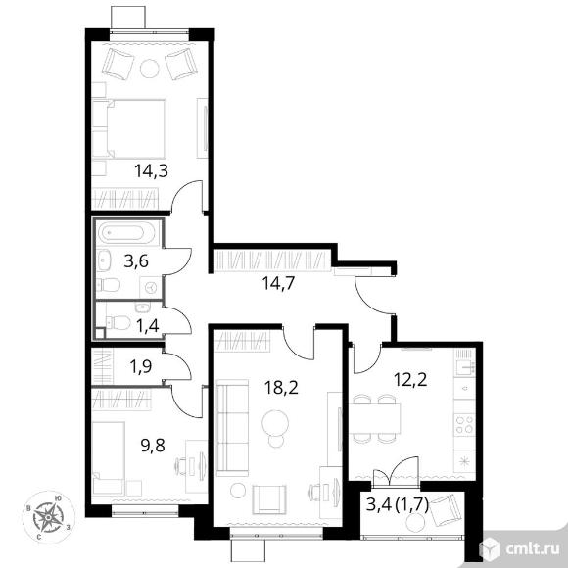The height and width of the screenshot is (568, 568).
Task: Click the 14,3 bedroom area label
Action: [151, 170]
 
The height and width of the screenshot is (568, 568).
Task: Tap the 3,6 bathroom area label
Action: [136, 260]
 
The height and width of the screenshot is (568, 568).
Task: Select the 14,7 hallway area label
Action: [278, 283]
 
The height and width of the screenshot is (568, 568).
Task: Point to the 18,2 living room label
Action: [281, 388]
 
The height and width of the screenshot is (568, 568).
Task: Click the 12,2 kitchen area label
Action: [410, 380]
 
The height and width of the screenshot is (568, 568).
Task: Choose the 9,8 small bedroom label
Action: [153, 446]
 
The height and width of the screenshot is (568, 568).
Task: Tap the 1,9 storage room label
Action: [141, 367]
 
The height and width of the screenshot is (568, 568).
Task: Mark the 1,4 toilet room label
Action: [148, 326]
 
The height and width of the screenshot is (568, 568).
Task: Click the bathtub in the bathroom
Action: [126, 233]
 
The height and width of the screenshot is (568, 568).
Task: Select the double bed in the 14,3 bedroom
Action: [129, 128]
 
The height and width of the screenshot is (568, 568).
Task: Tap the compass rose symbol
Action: [48, 516]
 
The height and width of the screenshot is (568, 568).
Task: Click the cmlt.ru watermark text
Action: [532, 550]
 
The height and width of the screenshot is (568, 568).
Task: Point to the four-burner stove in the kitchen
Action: [464, 424]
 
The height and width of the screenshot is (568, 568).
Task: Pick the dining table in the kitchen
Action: [375, 418]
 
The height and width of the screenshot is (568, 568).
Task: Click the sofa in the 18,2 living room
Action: [232, 427]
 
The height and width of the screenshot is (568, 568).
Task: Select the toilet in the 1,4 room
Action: [118, 322]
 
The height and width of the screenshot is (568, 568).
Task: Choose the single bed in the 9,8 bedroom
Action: [108, 458]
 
